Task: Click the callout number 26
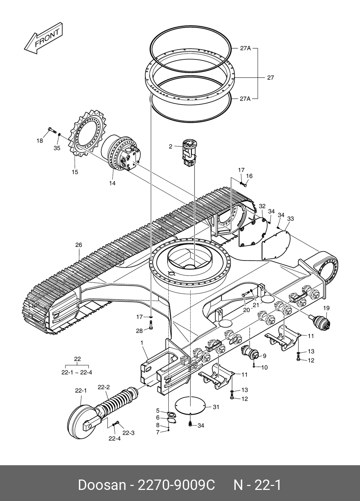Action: (78, 245)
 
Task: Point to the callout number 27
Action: (270, 77)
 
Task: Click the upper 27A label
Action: (245, 48)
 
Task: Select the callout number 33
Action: (291, 218)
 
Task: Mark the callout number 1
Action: (142, 343)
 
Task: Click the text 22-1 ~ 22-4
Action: (77, 372)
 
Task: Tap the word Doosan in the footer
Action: (102, 485)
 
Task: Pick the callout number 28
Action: (139, 331)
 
